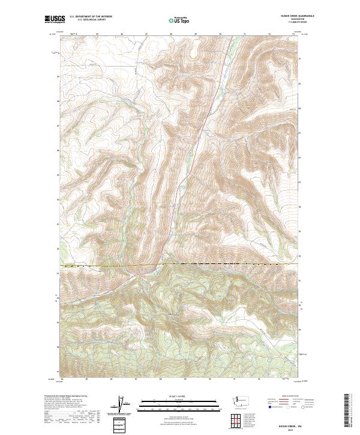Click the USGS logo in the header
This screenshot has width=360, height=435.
55,20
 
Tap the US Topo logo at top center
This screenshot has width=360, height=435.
181,20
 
